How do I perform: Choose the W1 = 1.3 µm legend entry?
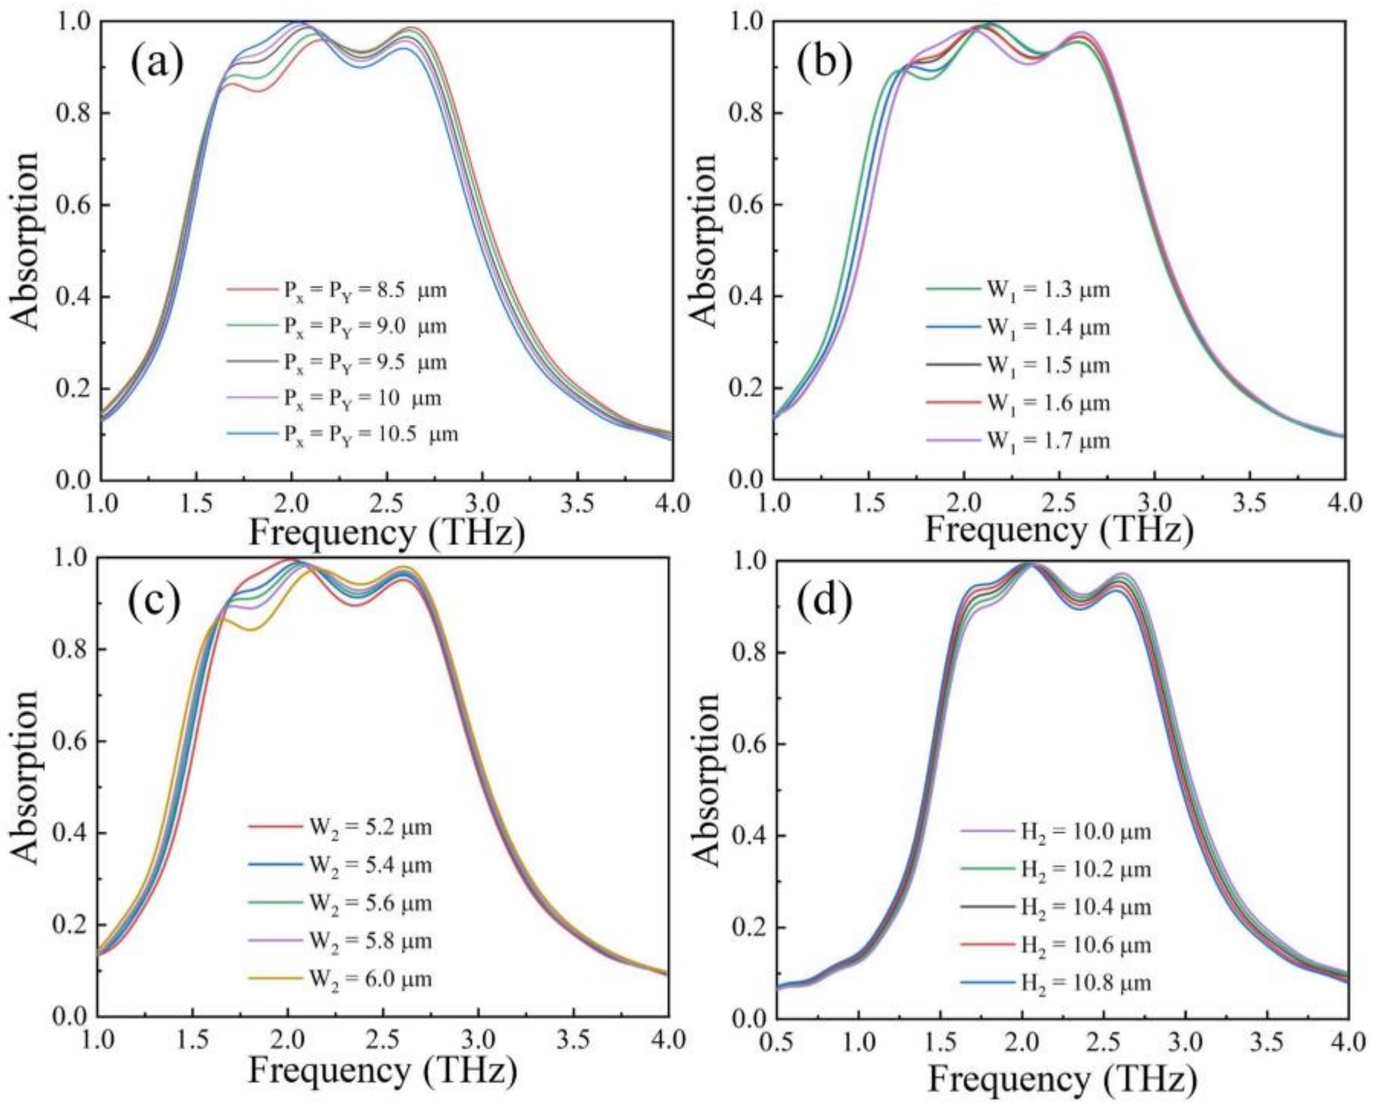1018,290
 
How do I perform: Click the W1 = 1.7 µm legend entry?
1018,441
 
